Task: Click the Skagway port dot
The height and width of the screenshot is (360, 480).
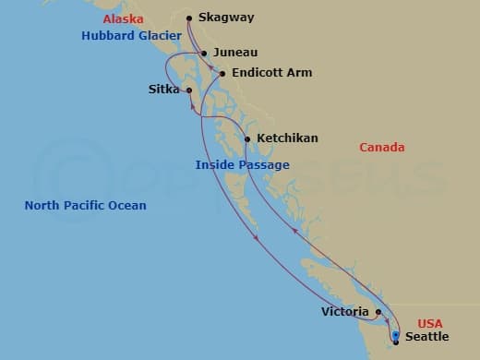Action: pyautogui.click(x=188, y=18)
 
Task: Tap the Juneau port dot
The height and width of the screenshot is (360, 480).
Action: pyautogui.click(x=204, y=53)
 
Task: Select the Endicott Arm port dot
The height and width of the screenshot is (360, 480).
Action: pyautogui.click(x=222, y=73)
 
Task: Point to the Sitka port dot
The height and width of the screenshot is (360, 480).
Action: pyautogui.click(x=188, y=90)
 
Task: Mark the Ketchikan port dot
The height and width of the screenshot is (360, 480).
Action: pyautogui.click(x=246, y=138)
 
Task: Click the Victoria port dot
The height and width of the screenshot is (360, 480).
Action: pyautogui.click(x=378, y=312)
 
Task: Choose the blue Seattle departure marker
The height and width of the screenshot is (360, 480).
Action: pyautogui.click(x=395, y=336)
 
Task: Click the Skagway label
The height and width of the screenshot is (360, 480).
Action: pyautogui.click(x=226, y=18)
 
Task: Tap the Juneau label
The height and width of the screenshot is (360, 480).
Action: pyautogui.click(x=234, y=53)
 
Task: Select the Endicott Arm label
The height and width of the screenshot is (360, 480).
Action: pyautogui.click(x=272, y=73)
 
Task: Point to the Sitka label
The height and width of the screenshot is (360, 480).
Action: pyautogui.click(x=163, y=90)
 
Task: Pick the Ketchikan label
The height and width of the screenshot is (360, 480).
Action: pyautogui.click(x=287, y=138)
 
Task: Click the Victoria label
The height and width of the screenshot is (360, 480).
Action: pyautogui.click(x=345, y=312)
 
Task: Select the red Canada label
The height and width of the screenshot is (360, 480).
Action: pyautogui.click(x=381, y=148)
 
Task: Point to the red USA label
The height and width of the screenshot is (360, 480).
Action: pyautogui.click(x=430, y=323)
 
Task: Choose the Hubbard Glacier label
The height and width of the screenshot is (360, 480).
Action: pyautogui.click(x=130, y=36)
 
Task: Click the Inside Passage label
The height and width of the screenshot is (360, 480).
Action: pyautogui.click(x=243, y=165)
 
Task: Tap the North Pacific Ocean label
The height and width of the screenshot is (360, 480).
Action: pyautogui.click(x=85, y=205)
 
